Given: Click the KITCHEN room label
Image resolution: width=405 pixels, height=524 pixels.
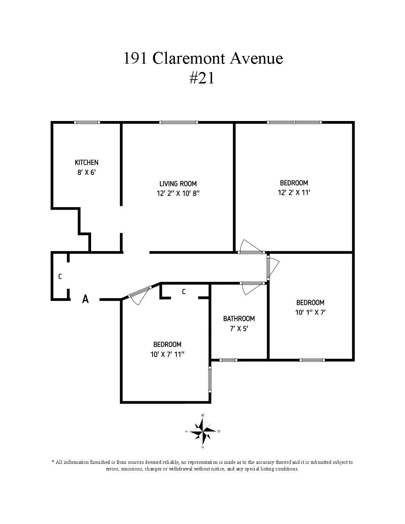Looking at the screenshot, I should pos(87,162).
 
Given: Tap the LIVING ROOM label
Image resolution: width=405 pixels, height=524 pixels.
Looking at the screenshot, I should pos(178,184).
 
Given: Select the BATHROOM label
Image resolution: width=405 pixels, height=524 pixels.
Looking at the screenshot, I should pos(239,319).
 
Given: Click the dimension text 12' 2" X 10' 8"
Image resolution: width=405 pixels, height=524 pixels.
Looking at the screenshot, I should pos(178,194).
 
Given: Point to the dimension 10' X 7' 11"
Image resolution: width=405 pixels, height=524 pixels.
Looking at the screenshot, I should pos(167,354).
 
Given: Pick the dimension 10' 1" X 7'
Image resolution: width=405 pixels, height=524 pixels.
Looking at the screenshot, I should pos(310,312).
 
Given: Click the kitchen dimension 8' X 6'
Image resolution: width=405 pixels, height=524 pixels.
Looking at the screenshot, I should pos(87,172).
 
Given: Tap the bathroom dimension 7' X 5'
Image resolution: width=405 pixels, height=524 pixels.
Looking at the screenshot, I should pos(239,328).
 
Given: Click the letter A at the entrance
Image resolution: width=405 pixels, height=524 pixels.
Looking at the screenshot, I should pos(85,299).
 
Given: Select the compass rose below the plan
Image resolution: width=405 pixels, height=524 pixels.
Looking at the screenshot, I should pos(203,432).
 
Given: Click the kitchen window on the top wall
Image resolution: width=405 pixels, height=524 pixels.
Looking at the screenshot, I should pos(87,122).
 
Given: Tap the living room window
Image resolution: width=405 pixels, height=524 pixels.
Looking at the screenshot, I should pos(179,122).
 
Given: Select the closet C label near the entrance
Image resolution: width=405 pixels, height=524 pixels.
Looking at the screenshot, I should pos(60,277).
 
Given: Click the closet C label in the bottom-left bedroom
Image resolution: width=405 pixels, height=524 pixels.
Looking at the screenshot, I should pos(184,292).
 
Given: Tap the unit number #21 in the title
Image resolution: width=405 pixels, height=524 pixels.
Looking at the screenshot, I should pos(202,79).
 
